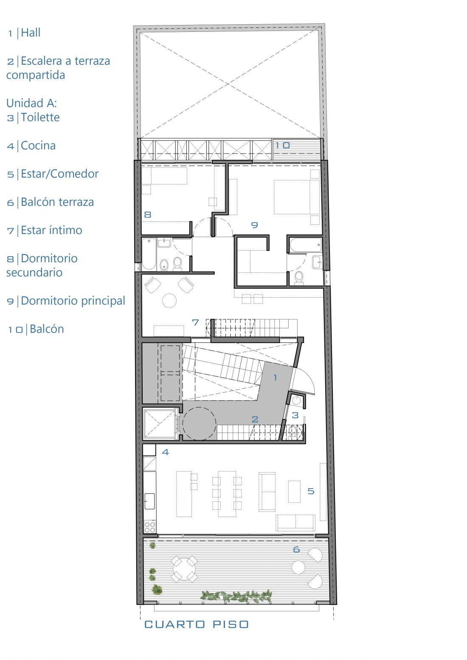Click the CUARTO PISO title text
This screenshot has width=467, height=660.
pyautogui.click(x=196, y=624)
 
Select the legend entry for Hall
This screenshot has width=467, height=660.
pyautogui.click(x=24, y=33)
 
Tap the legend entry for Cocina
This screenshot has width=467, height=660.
pyautogui.click(x=31, y=145)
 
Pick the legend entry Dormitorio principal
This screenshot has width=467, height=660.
pyautogui.click(x=66, y=301)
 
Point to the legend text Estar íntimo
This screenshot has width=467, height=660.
pyautogui.click(x=45, y=230)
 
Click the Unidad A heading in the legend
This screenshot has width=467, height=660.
pyautogui.click(x=31, y=103)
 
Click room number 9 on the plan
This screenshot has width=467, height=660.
pyautogui.click(x=254, y=225)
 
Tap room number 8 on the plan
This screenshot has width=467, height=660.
pyautogui.click(x=148, y=215)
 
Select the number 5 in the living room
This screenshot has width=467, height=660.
pyautogui.click(x=311, y=491)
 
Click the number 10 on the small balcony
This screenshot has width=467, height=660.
pyautogui.click(x=282, y=145)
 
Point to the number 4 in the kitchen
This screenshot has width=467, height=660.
pyautogui.click(x=165, y=452)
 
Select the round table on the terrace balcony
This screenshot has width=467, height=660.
pyautogui.click(x=185, y=569)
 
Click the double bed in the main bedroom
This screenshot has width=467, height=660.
pyautogui.click(x=296, y=197)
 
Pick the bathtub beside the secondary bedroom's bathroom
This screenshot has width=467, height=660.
pyautogui.click(x=149, y=254)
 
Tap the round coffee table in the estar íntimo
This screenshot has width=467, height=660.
pyautogui.click(x=169, y=301)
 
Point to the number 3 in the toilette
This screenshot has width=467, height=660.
pyautogui.click(x=295, y=415)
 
